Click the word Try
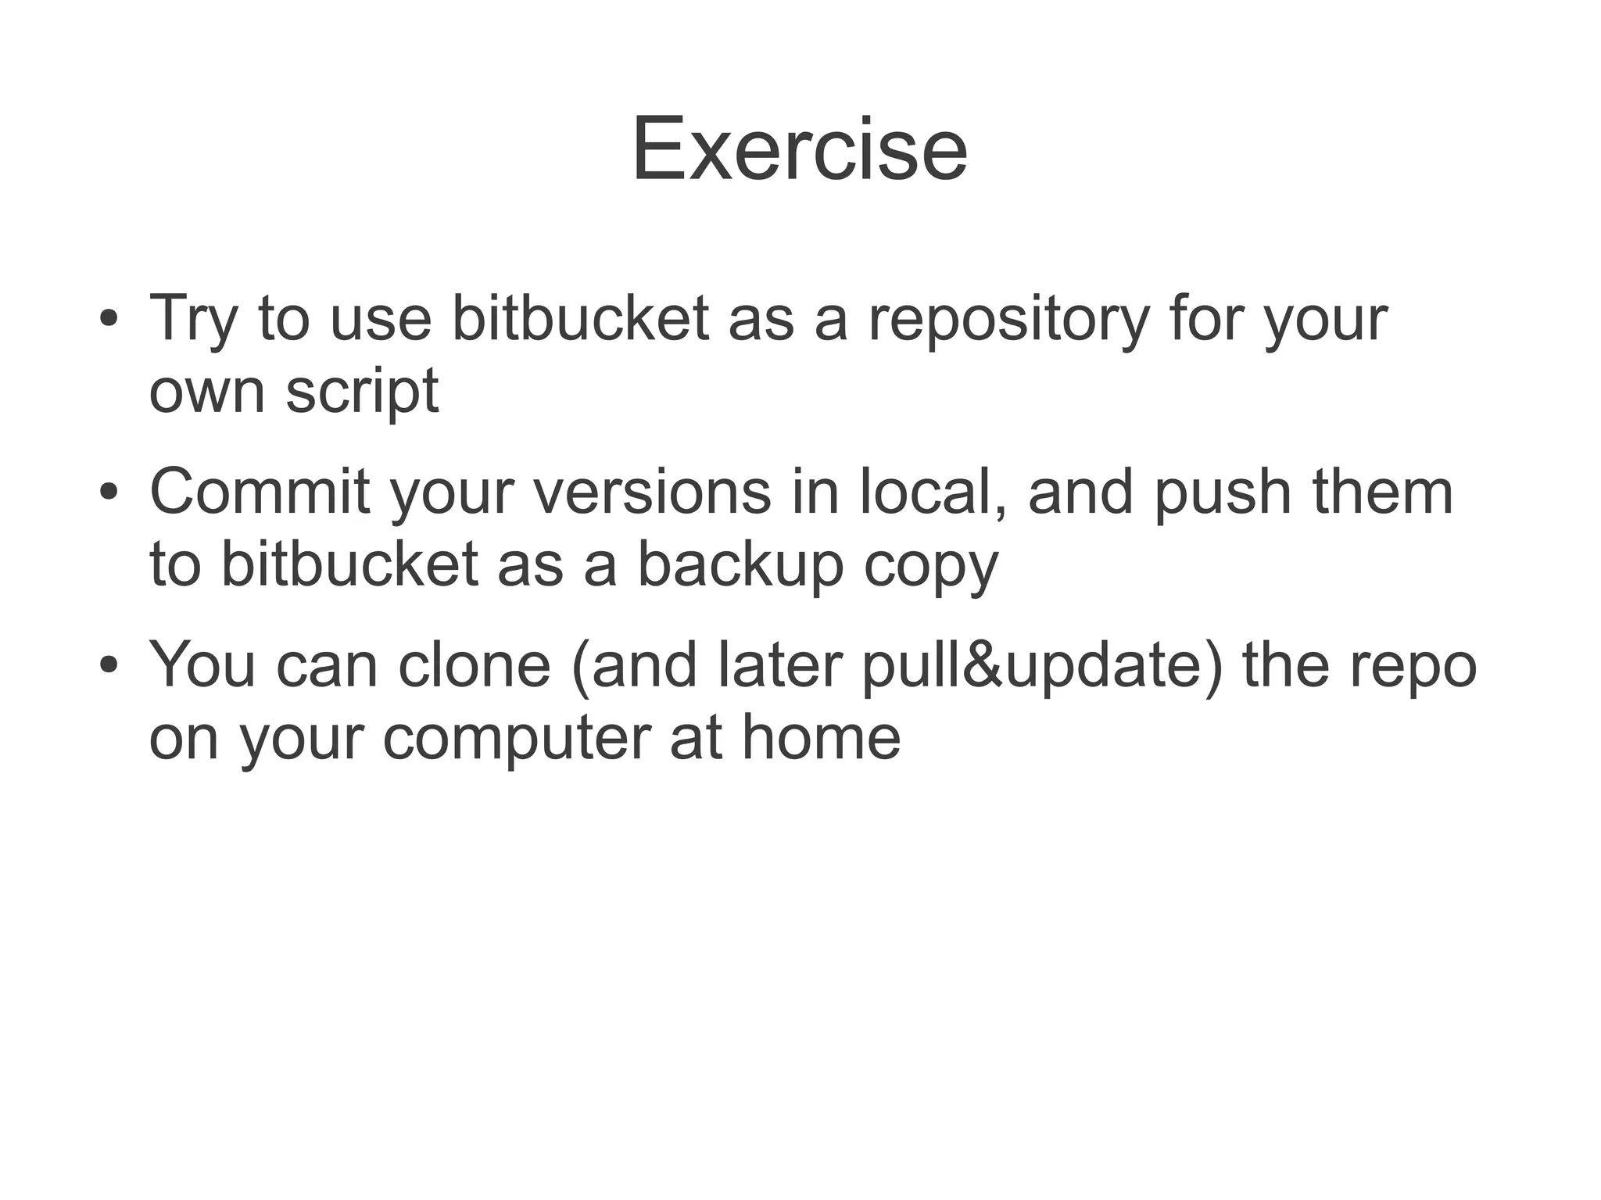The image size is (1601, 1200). [192, 319]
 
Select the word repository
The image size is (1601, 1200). [1008, 319]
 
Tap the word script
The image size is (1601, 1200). [362, 391]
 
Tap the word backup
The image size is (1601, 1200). [740, 564]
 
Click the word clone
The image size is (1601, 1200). [474, 665]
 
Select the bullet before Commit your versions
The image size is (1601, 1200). [109, 493]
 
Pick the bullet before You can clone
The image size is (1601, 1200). [109, 667]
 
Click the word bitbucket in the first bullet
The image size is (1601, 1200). [580, 319]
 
